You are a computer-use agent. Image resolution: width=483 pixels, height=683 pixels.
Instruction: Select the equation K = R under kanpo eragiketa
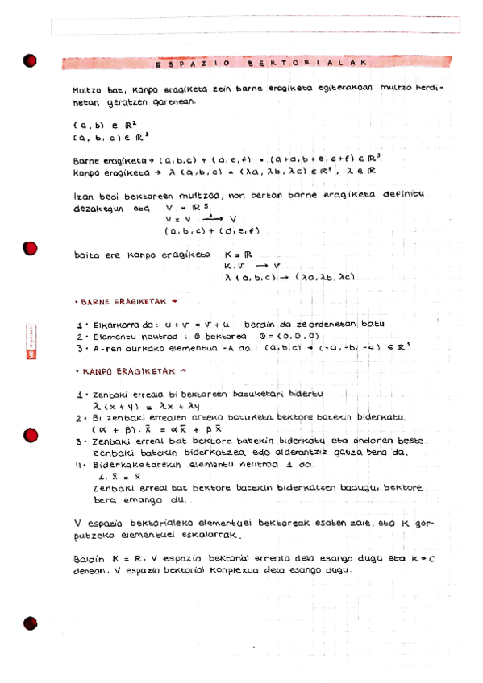coord(237,255)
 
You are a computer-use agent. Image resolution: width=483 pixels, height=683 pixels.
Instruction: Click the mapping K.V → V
coord(252,266)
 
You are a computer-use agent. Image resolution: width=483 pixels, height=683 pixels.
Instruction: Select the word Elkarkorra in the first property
coord(117,324)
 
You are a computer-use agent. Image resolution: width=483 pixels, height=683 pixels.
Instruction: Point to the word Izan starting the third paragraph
coord(82,195)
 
